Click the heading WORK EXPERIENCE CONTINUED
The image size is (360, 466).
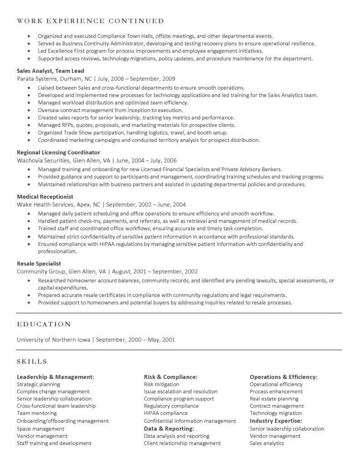click(90, 21)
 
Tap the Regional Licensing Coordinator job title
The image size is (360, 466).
click(58, 152)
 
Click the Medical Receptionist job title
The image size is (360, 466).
click(45, 197)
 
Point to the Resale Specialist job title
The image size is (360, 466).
click(39, 263)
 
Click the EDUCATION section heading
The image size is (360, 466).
click(44, 324)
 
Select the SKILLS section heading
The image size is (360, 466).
click(32, 361)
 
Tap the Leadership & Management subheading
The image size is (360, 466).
click(56, 377)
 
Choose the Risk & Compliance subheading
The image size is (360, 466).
click(171, 377)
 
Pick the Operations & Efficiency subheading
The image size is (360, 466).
click(284, 377)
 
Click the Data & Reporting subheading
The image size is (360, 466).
click(169, 429)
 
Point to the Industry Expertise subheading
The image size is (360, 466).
click(276, 421)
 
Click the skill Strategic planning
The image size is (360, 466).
click(38, 384)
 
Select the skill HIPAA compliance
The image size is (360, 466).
click(166, 413)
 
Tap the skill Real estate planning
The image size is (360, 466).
click(274, 399)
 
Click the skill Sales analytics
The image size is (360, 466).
click(267, 443)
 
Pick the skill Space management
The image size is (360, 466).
click(41, 429)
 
